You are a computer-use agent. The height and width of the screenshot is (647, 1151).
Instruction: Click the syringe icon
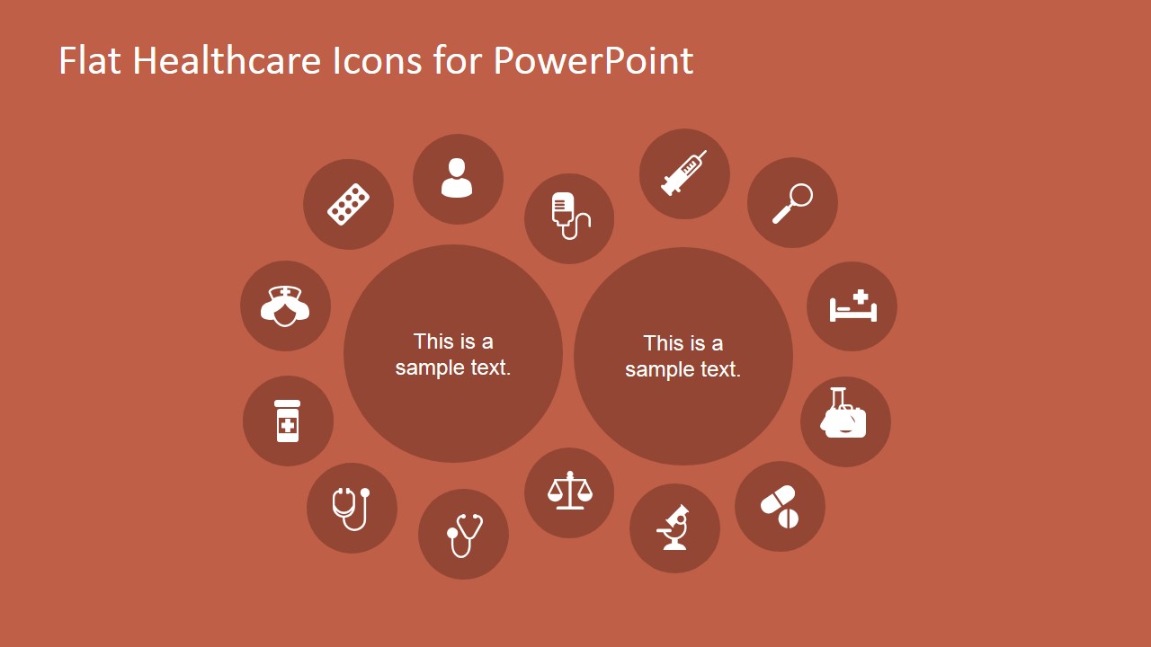(x=683, y=173)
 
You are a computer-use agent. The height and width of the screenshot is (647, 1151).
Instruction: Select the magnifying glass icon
(x=792, y=203)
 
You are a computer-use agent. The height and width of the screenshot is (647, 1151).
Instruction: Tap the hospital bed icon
(x=852, y=306)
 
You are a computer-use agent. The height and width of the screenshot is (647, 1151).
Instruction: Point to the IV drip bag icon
(x=569, y=218)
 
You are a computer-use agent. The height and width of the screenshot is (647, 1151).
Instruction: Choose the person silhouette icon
(x=457, y=178)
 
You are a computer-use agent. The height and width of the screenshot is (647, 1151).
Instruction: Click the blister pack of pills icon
(x=348, y=204)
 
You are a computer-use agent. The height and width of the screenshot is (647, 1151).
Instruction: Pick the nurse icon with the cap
(x=285, y=306)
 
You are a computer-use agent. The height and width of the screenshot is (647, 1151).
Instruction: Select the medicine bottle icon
(x=288, y=421)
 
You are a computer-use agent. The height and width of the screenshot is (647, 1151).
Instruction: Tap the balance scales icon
(x=569, y=492)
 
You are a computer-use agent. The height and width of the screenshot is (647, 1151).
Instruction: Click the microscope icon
(x=674, y=527)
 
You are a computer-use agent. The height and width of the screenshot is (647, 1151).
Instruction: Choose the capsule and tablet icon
(x=780, y=507)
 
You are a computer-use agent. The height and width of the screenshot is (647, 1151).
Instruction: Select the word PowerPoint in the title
(x=593, y=61)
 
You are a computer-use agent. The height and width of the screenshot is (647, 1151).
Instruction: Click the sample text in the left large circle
(x=453, y=354)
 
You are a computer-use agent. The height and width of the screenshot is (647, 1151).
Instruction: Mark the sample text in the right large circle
(x=683, y=356)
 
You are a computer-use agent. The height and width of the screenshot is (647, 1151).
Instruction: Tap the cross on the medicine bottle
(x=288, y=424)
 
